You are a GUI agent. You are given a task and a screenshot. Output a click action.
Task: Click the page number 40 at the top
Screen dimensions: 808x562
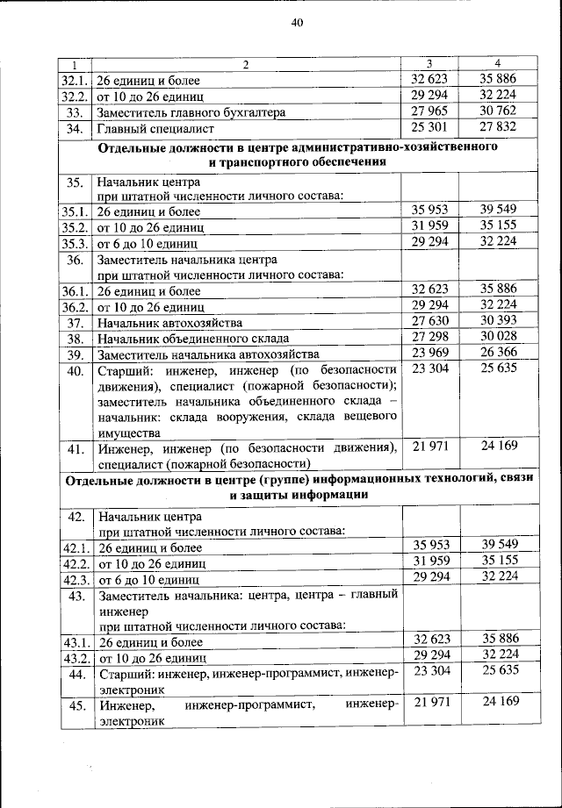point(297,25)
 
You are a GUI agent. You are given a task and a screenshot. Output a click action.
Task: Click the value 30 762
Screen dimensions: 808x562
point(497,111)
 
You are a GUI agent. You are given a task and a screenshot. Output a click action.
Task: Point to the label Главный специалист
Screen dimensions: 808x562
point(155,129)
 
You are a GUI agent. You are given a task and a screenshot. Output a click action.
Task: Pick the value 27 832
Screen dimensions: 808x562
point(497,128)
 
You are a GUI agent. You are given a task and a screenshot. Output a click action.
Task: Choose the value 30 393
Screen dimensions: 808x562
point(497,322)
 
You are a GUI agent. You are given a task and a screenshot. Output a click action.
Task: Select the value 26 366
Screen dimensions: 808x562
point(497,354)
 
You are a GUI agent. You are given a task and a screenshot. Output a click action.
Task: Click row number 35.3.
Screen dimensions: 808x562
point(76,243)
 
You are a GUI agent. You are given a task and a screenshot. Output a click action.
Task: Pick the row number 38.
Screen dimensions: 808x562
point(76,339)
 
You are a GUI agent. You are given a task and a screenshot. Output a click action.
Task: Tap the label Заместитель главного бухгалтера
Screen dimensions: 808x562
point(191,113)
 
